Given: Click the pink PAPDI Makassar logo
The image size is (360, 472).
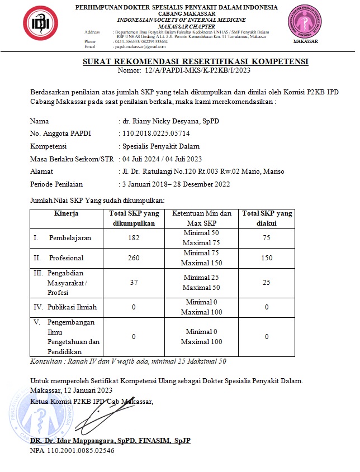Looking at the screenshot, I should [x=305, y=22].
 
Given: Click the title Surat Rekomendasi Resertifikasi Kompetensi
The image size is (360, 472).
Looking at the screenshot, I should [x=196, y=61].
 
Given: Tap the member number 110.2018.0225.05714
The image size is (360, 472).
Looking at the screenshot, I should [x=156, y=134].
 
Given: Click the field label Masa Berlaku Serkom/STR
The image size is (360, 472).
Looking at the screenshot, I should [x=72, y=159].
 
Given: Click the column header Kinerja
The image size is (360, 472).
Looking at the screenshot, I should [x=67, y=213].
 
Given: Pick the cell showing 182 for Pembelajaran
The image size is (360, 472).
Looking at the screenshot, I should [x=134, y=238].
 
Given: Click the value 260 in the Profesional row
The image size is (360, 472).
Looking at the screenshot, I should [x=134, y=258].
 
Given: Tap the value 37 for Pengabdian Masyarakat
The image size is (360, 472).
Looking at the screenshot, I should [x=134, y=283].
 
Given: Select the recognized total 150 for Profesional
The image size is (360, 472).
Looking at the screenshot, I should [x=267, y=258].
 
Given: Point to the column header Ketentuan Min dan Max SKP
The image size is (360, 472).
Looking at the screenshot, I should [x=201, y=218].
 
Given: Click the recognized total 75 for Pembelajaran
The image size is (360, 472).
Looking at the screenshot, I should [x=267, y=238].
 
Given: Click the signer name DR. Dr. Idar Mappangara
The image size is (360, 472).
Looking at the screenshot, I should [x=111, y=441].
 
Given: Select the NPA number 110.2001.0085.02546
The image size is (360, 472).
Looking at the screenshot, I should [x=72, y=450].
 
